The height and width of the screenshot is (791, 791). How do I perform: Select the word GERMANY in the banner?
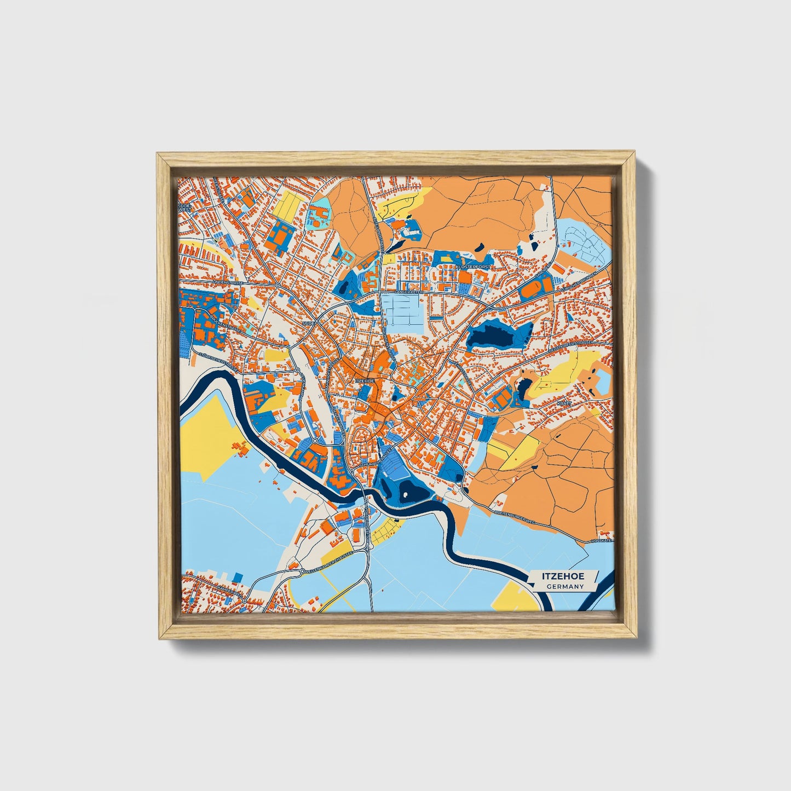click(564, 587)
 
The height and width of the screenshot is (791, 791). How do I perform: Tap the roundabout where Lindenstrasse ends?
click(279, 285)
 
